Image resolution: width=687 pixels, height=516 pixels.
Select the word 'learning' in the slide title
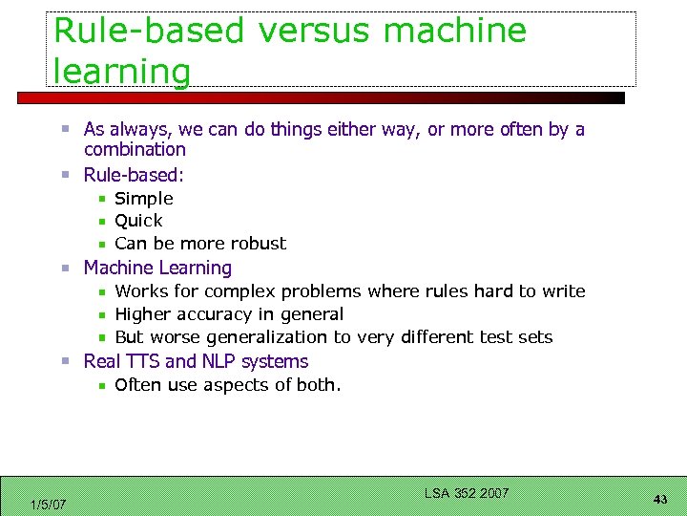click(122, 71)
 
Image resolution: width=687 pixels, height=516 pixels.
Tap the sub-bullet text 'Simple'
click(144, 199)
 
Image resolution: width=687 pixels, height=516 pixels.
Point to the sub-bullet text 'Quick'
click(138, 221)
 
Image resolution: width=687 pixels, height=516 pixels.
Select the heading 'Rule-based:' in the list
click(134, 175)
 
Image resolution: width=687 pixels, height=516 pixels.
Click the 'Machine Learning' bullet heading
click(157, 269)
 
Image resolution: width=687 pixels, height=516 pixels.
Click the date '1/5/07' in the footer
click(48, 504)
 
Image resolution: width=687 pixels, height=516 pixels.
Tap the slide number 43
click(660, 500)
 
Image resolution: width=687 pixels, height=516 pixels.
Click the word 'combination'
click(135, 150)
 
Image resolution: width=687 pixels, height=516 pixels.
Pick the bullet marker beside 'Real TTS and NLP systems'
click(66, 362)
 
